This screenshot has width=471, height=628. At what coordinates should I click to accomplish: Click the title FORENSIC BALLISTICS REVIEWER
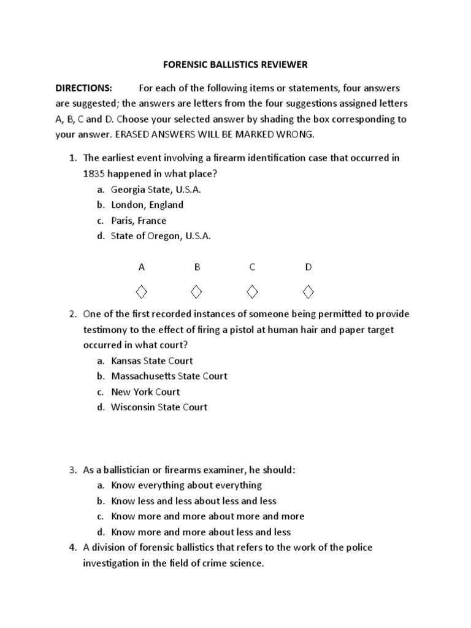[x=235, y=64]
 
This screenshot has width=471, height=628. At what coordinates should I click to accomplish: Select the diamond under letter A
[x=141, y=289]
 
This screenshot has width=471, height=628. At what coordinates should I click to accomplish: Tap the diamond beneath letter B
[x=197, y=289]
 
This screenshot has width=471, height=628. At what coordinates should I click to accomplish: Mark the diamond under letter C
[x=252, y=289]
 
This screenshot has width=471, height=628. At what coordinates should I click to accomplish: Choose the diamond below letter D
[x=308, y=289]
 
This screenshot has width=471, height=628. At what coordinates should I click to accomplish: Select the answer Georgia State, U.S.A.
[x=156, y=190]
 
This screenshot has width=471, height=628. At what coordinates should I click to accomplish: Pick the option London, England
[x=147, y=205]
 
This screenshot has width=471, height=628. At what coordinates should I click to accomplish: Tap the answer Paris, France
[x=139, y=221]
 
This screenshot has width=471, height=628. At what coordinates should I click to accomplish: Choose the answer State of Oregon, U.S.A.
[x=161, y=236]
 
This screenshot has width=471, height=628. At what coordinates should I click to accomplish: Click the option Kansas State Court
[x=152, y=361]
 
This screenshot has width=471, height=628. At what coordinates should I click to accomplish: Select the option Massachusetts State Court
[x=169, y=376]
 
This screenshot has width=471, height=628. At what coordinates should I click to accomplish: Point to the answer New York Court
[x=145, y=391]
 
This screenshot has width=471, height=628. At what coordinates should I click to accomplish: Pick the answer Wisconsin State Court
[x=159, y=407]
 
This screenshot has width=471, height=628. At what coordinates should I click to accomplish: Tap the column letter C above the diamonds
[x=252, y=267]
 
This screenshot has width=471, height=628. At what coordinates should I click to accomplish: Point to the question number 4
[x=71, y=547]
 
